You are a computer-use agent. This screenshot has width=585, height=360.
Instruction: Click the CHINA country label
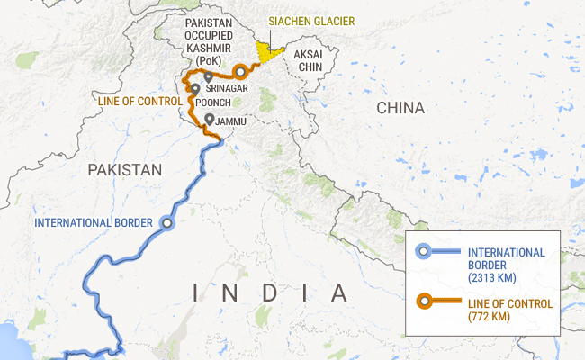[x=400, y=108]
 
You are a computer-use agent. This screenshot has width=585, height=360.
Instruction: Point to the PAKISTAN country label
[x=124, y=169]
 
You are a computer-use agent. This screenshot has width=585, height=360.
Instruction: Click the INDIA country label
[x=270, y=292]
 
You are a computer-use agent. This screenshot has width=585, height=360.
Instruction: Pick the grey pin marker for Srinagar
[x=209, y=78]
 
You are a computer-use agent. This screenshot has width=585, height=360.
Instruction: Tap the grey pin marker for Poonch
[x=195, y=89]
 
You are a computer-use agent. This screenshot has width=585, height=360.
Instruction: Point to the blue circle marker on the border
[x=165, y=222]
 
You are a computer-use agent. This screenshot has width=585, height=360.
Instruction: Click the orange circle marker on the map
[x=240, y=71]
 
